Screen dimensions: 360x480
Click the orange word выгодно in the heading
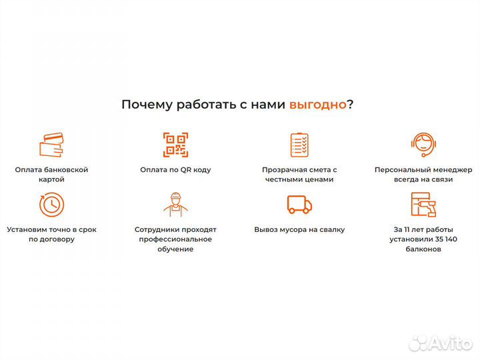point(317,105)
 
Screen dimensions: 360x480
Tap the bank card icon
point(51,145)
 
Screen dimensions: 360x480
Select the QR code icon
point(175,145)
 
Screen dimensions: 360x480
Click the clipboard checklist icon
point(299,145)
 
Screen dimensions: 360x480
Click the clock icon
point(51,204)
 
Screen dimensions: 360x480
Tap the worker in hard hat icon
point(175,204)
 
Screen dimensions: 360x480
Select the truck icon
point(299,204)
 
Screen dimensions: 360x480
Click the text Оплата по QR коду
point(175,169)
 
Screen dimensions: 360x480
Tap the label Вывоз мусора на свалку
point(299,229)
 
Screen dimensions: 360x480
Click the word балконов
point(423,249)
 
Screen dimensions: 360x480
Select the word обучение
point(175,249)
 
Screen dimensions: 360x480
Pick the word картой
point(51,179)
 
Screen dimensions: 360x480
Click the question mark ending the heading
point(351,105)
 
